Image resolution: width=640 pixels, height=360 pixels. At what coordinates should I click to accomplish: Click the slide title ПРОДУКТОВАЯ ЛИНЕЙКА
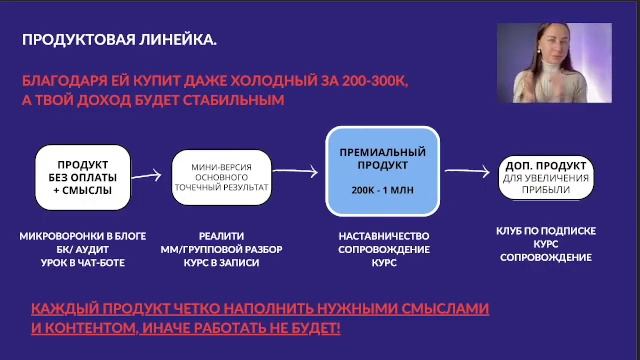119,40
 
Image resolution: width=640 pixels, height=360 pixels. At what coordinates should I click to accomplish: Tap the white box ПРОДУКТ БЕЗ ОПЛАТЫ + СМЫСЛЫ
83,176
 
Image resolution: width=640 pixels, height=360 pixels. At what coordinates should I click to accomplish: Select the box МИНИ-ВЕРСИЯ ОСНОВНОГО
221,175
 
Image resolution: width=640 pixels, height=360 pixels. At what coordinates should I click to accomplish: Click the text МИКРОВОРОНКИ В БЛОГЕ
83,236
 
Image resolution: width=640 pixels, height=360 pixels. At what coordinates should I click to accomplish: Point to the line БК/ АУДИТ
83,249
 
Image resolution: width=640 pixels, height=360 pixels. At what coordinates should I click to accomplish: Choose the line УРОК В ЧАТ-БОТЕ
83,262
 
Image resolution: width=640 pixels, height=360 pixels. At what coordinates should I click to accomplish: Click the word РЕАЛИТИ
222,236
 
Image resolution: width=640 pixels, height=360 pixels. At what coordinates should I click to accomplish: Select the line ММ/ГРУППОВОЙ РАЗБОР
222,249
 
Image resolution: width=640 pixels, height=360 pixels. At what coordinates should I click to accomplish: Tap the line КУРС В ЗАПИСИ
222,262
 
